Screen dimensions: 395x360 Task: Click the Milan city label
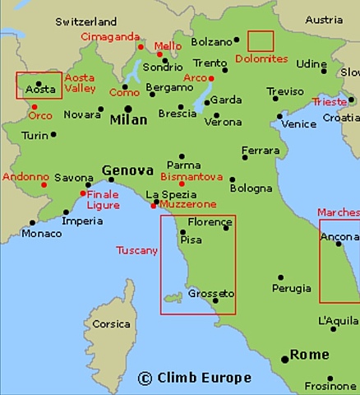tap(128, 120)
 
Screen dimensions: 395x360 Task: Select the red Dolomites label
tap(261, 59)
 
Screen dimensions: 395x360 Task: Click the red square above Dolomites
tap(261, 41)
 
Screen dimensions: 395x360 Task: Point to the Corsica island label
tap(111, 323)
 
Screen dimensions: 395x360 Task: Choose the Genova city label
tap(127, 171)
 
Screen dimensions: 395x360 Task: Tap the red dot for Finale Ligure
tap(82, 193)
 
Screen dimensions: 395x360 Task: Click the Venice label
tap(298, 124)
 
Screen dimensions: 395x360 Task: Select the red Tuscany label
tap(136, 249)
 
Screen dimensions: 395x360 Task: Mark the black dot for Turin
tap(53, 134)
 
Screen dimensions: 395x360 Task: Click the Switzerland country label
tap(86, 21)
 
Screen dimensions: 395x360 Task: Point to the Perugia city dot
tap(281, 277)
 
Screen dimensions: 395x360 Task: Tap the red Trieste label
tap(330, 102)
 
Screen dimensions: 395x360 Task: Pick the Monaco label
tap(41, 234)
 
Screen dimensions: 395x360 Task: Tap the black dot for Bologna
tap(233, 179)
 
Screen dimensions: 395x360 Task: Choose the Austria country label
tap(324, 20)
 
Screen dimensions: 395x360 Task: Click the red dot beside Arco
tap(211, 78)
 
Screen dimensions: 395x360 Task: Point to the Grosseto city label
tap(211, 294)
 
